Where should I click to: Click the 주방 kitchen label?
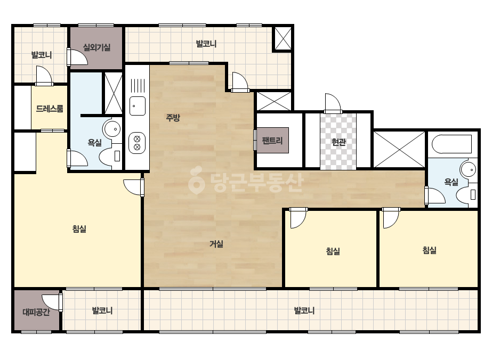coord(173,118)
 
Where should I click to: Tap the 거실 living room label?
coord(216,244)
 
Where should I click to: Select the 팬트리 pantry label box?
coord(272,140)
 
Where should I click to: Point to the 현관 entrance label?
coord(338,142)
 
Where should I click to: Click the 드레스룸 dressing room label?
coord(50,109)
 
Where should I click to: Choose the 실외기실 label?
coord(96,47)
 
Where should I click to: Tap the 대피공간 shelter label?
coord(36,312)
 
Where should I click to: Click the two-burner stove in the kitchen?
coord(137,143)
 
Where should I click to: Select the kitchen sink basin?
coord(138,106)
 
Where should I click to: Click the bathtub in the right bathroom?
coord(452,144)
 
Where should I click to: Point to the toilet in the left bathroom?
coord(110,156)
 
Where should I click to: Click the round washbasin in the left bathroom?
coord(112,129)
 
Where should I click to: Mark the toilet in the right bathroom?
coord(466,194)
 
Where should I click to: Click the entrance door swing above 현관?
coord(333,103)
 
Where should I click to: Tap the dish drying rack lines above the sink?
coord(138,85)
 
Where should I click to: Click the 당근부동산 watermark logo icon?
coord(196,181)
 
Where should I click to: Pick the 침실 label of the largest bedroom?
coord(79,228)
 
